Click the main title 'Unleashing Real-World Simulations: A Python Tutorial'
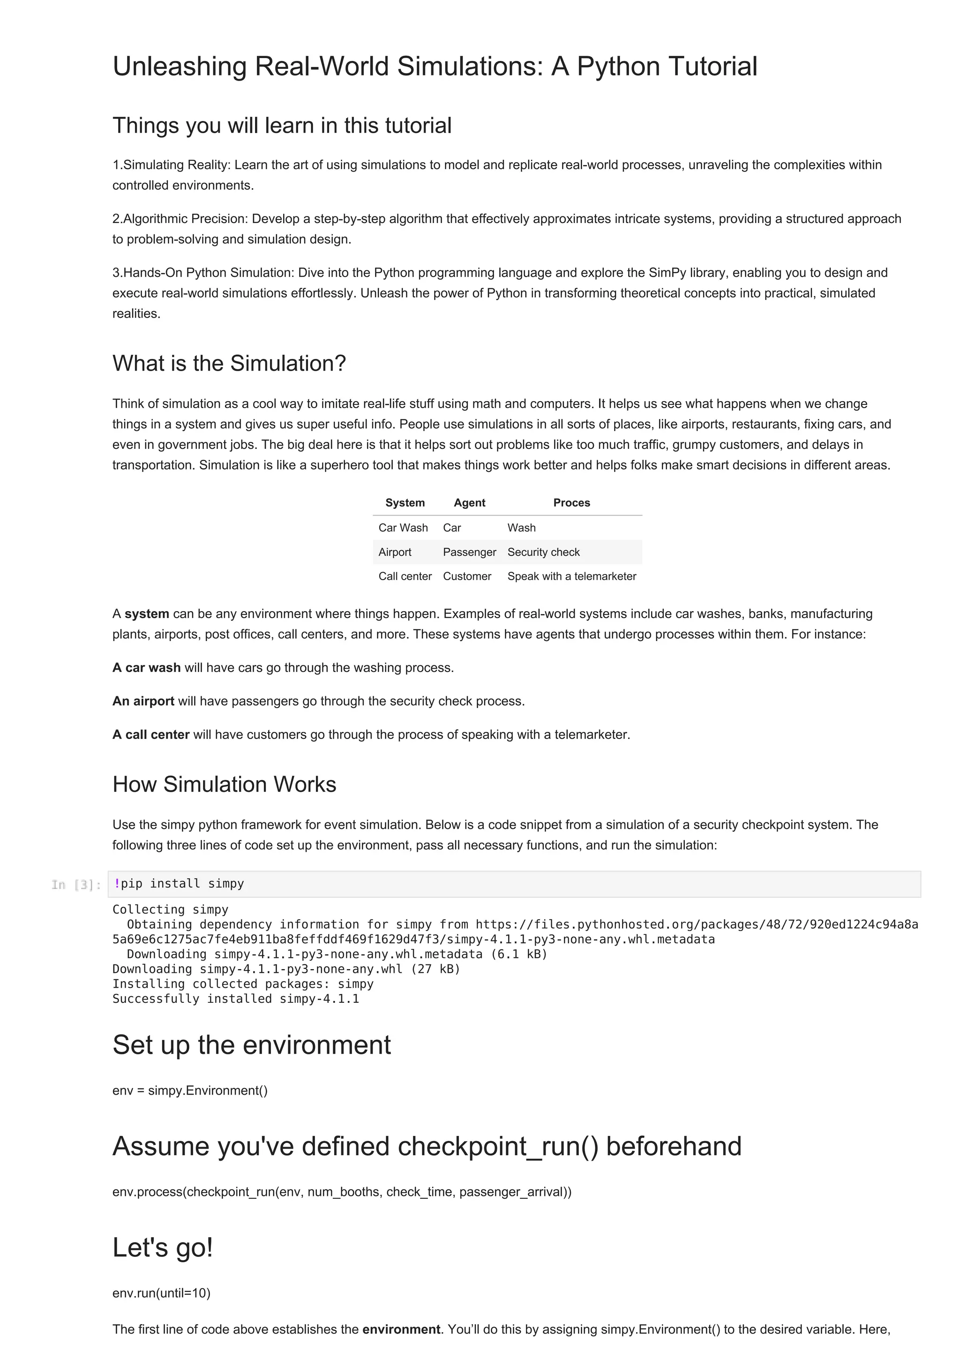(434, 66)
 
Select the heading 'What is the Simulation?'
(229, 363)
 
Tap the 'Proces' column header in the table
(571, 503)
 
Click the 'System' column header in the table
(405, 503)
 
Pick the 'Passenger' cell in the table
(469, 552)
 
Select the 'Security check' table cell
(543, 552)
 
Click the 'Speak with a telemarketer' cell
(571, 576)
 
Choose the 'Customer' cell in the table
(467, 576)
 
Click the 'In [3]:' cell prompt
(76, 885)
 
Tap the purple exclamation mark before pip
(117, 883)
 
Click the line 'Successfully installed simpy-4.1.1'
(235, 999)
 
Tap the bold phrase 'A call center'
(151, 735)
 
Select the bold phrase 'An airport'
(143, 701)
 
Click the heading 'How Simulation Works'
(224, 784)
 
